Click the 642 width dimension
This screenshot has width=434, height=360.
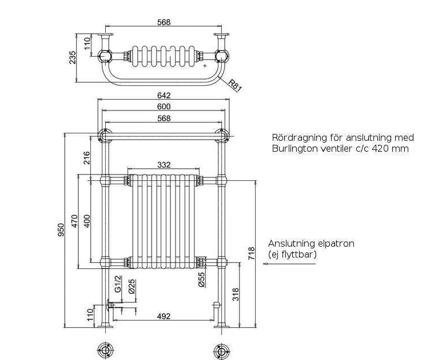coord(164,96)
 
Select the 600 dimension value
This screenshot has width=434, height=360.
coord(164,106)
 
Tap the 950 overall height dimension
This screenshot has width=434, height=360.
coord(61,230)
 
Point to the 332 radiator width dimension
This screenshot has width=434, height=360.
coord(164,165)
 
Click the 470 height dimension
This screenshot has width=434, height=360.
coord(75,221)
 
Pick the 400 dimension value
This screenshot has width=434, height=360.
coord(87,221)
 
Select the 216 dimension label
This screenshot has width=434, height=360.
coord(87,158)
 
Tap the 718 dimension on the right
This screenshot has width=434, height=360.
coord(252,254)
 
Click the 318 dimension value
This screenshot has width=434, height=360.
coord(236,294)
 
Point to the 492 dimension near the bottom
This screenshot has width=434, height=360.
coord(164,316)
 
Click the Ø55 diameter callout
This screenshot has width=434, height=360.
coord(202,279)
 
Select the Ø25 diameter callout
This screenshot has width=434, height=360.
coord(132,286)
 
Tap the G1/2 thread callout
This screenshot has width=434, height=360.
coord(118,284)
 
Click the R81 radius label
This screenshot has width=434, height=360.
coord(236,85)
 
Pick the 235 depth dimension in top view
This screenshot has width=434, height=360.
coord(72,57)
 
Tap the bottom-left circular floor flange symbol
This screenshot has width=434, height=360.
coord(105,351)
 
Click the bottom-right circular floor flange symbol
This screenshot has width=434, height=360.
coord(221,351)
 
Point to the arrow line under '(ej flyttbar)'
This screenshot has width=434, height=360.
coord(289,264)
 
